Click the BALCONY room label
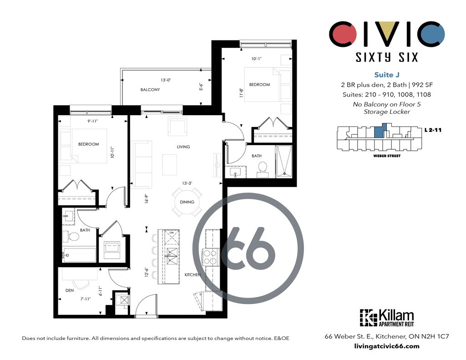click(150, 90)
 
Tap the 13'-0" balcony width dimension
click(166, 80)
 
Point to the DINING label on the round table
click(187, 202)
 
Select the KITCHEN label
click(192, 275)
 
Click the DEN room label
click(70, 290)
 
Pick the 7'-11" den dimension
click(85, 299)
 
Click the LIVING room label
click(183, 147)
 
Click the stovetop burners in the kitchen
click(210, 256)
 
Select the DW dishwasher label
click(172, 233)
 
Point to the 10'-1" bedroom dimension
click(256, 59)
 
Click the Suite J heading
click(387, 75)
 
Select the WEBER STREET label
click(387, 156)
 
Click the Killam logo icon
click(368, 318)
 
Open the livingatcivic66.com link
click(387, 346)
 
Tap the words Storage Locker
click(387, 112)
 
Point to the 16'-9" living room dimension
click(146, 198)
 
